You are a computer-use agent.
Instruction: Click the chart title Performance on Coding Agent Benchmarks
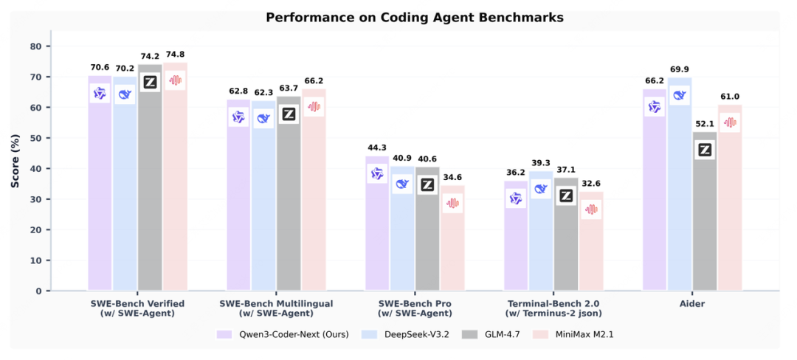[x=398, y=17]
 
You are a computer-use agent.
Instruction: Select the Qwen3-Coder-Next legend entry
[x=285, y=334]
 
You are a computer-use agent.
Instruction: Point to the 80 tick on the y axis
[x=36, y=46]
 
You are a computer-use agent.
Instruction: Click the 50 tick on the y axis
[x=36, y=138]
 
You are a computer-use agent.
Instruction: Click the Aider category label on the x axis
[x=692, y=303]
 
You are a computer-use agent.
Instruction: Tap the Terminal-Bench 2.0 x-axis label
[x=553, y=303]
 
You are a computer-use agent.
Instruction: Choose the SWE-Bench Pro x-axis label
[x=415, y=303]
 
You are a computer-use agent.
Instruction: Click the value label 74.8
[x=175, y=54]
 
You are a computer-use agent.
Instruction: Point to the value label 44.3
[x=377, y=148]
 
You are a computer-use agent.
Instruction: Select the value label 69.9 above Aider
[x=680, y=69]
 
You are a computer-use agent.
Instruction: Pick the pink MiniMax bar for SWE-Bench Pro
[x=452, y=243]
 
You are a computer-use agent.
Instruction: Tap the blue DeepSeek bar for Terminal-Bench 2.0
[x=541, y=236]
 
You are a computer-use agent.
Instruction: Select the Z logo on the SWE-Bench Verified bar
[x=151, y=83]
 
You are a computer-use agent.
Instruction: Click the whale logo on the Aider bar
[x=680, y=95]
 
